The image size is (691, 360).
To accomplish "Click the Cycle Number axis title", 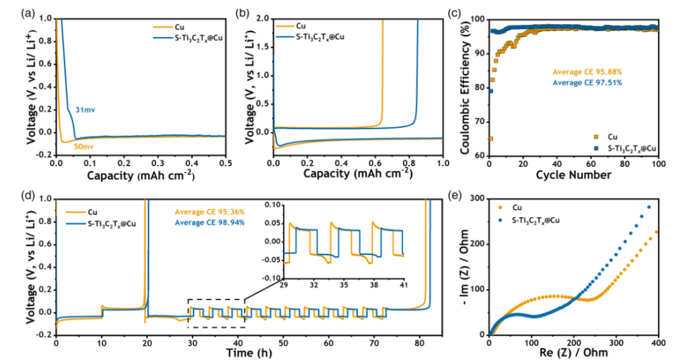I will pos(573,175).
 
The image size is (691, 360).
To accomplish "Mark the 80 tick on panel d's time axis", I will pos(418,342).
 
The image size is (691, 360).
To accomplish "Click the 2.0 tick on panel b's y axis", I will pos(264,19).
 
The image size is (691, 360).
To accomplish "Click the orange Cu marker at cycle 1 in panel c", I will pos(490,139).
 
